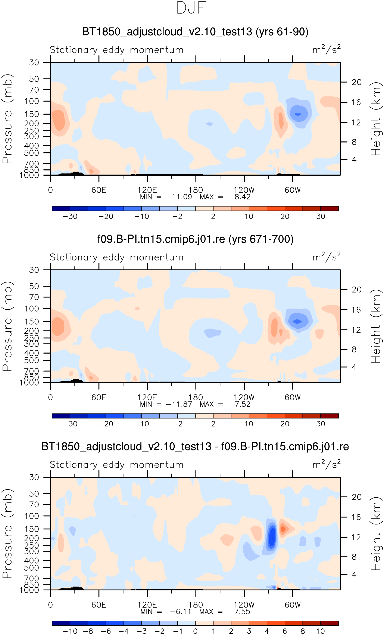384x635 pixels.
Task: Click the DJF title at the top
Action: pyautogui.click(x=191, y=8)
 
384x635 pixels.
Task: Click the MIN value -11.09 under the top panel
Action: pyautogui.click(x=179, y=197)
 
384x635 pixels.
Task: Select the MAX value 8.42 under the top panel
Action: pyautogui.click(x=242, y=197)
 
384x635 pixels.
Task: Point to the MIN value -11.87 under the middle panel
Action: pyautogui.click(x=179, y=404)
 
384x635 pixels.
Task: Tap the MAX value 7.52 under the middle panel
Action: pyautogui.click(x=242, y=404)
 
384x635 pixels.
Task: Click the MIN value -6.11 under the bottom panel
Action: pyautogui.click(x=180, y=612)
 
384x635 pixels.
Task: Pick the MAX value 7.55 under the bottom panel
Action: pyautogui.click(x=242, y=612)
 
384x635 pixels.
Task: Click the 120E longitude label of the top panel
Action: pyautogui.click(x=147, y=190)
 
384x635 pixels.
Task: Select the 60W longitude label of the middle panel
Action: pyautogui.click(x=292, y=397)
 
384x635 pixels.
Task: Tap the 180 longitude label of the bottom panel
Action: pyautogui.click(x=196, y=605)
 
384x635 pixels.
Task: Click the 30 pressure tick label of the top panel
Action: pyautogui.click(x=34, y=63)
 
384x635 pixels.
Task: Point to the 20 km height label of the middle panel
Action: pyautogui.click(x=356, y=290)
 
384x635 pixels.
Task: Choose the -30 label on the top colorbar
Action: pyautogui.click(x=70, y=217)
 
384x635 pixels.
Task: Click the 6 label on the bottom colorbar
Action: pyautogui.click(x=285, y=631)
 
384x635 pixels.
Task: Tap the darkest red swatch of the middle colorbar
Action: pyautogui.click(x=329, y=416)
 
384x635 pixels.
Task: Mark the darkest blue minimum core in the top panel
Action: pyautogui.click(x=298, y=114)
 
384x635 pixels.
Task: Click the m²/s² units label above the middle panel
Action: pyautogui.click(x=326, y=257)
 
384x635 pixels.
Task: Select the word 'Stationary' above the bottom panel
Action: pyautogui.click(x=74, y=465)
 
